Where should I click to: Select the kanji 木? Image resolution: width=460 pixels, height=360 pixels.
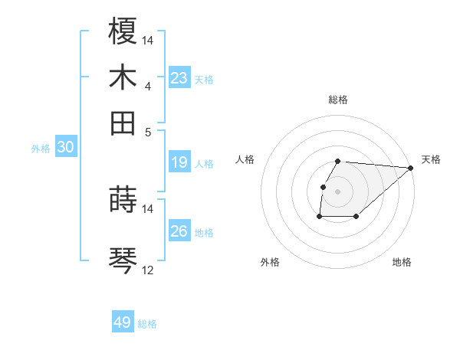123,77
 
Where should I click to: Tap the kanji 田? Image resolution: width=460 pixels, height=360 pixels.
123,123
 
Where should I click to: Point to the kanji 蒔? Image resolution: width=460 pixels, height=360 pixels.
123,200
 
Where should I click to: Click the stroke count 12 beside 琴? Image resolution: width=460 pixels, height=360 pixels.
148,270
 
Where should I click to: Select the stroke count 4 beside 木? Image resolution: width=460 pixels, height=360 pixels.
148,87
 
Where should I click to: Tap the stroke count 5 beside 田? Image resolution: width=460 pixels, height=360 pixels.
148,132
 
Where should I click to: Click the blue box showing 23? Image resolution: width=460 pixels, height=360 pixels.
179,78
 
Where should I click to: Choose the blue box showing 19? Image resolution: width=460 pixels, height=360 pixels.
179,162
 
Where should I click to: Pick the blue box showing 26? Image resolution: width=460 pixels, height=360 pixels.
179,231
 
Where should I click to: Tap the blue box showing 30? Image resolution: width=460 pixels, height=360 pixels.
65,148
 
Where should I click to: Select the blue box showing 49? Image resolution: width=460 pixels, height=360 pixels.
123,322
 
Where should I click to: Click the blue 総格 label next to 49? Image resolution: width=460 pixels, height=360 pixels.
147,324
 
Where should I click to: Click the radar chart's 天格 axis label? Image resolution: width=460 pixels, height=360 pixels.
432,159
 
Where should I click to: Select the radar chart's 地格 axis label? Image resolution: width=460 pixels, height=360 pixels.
402,262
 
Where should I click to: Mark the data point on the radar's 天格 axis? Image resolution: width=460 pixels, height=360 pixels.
411,168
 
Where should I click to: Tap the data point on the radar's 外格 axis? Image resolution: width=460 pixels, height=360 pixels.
319,217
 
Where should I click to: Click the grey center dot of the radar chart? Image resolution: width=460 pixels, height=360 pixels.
338,191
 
